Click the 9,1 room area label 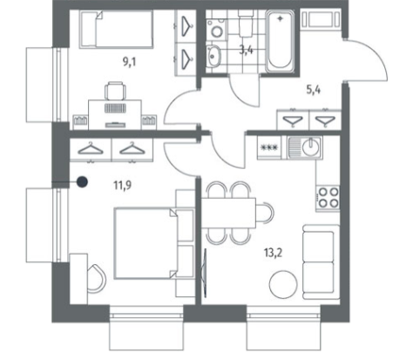tap(130, 62)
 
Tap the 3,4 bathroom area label tap(247, 50)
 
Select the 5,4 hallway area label tap(314, 90)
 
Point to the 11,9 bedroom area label tap(122, 185)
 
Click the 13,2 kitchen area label tap(273, 253)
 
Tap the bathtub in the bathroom tap(280, 42)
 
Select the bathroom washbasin tap(213, 56)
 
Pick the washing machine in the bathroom tap(216, 29)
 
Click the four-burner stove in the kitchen tap(328, 197)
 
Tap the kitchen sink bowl tap(311, 147)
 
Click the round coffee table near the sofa tap(283, 284)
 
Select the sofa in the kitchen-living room tap(321, 262)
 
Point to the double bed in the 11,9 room tap(153, 243)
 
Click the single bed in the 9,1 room tap(116, 29)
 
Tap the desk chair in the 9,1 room tap(115, 91)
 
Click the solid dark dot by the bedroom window tap(82, 182)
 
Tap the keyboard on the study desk tap(115, 108)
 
